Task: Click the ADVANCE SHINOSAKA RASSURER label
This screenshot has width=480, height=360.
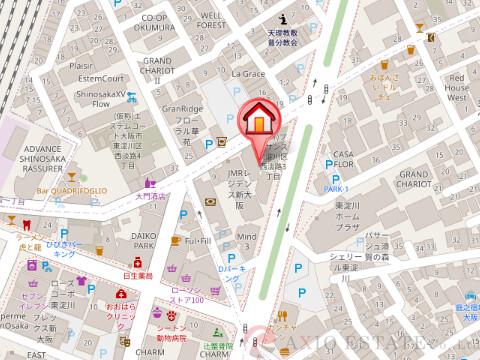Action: [39, 157]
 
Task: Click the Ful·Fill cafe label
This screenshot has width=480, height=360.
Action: [198, 240]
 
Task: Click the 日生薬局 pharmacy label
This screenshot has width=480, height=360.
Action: [137, 274]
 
